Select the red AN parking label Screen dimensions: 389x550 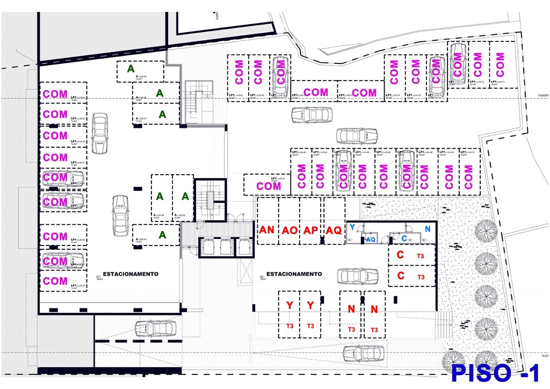coord(267,230)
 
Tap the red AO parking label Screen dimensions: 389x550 coord(290,230)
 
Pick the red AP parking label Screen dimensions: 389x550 coord(311,230)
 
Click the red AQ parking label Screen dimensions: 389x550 coord(334,230)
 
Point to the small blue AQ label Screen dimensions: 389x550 coord(371,240)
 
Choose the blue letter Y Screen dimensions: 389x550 coord(352,227)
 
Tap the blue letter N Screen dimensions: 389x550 coord(428,229)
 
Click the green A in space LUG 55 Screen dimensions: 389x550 coord(131,69)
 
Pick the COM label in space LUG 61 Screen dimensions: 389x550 coord(269,186)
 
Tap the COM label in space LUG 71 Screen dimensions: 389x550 coord(500,64)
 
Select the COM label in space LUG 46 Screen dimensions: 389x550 coord(55,281)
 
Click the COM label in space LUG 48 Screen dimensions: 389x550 coord(55,236)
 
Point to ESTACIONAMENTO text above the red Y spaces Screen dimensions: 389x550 coord(294,274)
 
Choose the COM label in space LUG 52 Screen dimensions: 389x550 coord(55,136)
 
